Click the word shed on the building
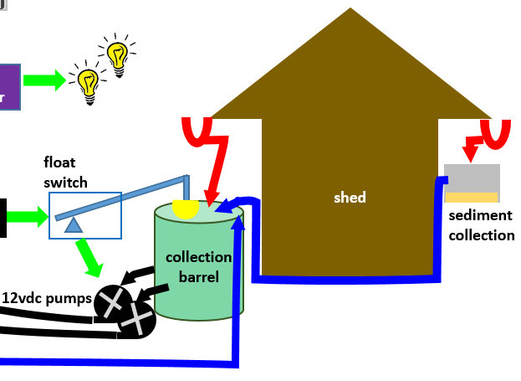(350, 198)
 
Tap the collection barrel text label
(197, 266)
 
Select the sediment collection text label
(481, 225)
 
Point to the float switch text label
(65, 172)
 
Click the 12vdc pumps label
(46, 297)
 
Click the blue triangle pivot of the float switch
(74, 224)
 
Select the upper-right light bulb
(117, 55)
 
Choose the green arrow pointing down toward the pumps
(89, 258)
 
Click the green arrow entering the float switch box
(28, 217)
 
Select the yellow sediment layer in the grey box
(472, 198)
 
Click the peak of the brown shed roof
(350, 10)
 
